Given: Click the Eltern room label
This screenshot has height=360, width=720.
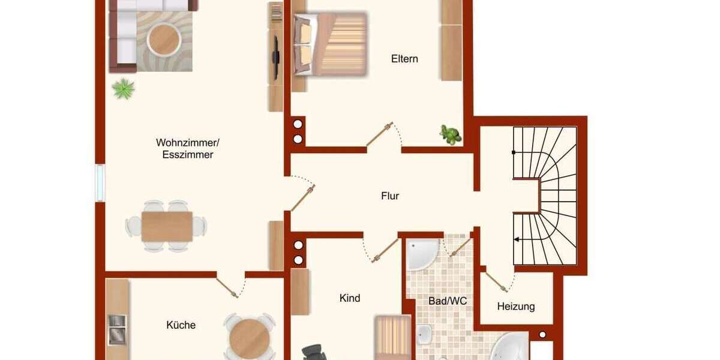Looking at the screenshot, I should click(x=404, y=59).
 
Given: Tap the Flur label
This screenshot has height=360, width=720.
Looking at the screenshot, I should click(x=390, y=196).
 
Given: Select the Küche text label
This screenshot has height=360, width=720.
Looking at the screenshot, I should click(x=181, y=325).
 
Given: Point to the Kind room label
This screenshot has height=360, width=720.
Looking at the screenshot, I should click(x=350, y=298).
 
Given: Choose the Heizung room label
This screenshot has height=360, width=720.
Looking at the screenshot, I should click(x=516, y=307).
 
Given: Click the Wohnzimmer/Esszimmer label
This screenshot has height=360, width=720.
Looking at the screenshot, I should click(x=188, y=148).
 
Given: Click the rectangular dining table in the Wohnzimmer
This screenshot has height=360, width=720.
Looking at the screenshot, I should click(x=167, y=226).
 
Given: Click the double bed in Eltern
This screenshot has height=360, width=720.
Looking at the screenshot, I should click(x=330, y=44).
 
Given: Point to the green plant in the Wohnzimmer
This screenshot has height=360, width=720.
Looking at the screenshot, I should click(x=124, y=89).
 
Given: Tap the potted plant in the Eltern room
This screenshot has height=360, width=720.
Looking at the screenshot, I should click(x=450, y=134).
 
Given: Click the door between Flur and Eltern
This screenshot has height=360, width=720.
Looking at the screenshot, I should click(x=380, y=135).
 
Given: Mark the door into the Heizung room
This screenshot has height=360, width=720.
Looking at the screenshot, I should click(x=496, y=281).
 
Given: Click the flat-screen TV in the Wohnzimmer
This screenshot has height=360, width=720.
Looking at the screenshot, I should click(x=275, y=57).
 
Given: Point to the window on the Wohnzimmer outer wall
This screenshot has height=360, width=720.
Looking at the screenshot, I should click(x=100, y=182).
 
